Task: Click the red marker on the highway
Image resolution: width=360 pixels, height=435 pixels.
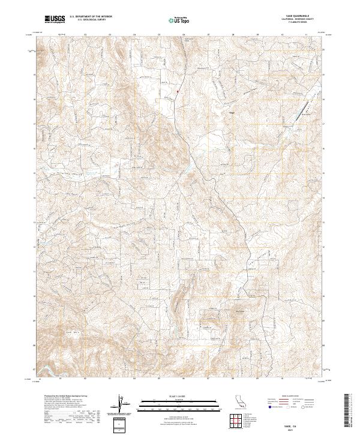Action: pos(178,92)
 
